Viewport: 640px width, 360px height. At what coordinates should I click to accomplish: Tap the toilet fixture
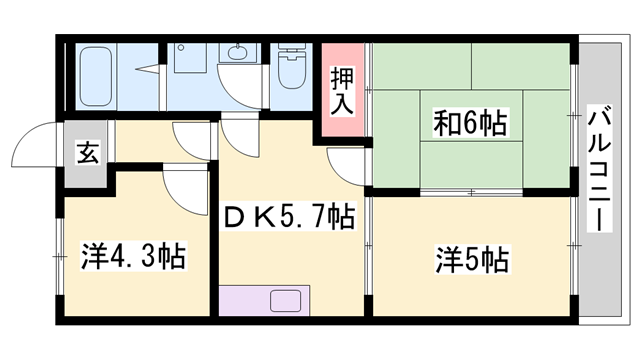293,70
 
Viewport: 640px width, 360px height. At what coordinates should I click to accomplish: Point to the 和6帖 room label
470,125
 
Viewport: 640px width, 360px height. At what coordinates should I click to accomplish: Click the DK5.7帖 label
287,215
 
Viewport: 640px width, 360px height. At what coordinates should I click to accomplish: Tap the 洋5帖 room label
471,260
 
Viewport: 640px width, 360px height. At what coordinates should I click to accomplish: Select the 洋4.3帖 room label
132,253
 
